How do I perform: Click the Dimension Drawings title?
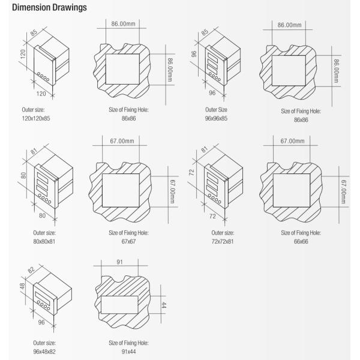point(49,7)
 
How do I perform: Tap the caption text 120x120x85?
point(36,118)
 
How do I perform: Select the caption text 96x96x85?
point(216,118)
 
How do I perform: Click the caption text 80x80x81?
point(44,242)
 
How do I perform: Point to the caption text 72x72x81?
point(223,242)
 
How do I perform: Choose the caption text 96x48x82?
point(44,352)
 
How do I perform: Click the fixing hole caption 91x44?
point(128,352)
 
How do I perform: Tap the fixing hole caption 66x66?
point(301,242)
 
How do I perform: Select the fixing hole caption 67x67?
point(128,242)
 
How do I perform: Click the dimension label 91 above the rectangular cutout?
point(119,262)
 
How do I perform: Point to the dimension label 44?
point(163,305)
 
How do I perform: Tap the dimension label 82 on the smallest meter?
point(31,270)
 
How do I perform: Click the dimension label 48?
point(22,286)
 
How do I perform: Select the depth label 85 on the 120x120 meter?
point(34,32)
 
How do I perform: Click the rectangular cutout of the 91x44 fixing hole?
point(119,305)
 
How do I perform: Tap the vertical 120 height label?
point(23,54)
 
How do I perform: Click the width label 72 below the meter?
point(212,216)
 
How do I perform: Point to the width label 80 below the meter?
point(42,215)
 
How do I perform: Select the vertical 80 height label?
point(23,176)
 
